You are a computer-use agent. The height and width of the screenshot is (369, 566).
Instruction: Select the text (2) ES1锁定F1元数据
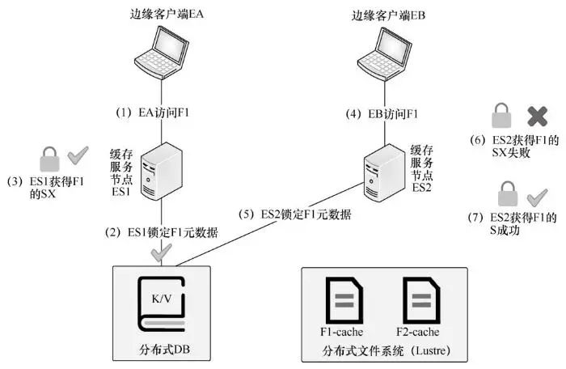tap(162, 210)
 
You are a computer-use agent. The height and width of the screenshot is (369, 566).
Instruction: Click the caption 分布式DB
tap(165, 350)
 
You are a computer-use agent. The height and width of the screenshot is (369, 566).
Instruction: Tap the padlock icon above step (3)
tap(50, 155)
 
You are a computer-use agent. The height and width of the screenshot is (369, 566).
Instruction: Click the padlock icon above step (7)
tap(506, 171)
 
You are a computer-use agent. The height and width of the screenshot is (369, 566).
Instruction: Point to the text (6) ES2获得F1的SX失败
tap(526, 146)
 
